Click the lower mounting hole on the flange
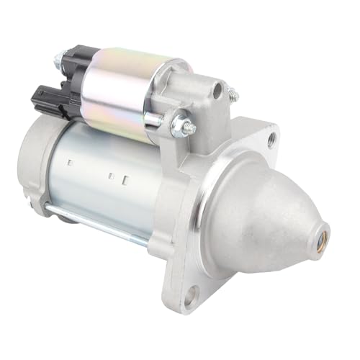(190, 293)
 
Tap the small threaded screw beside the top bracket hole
(233, 93)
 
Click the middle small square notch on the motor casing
(110, 174)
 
